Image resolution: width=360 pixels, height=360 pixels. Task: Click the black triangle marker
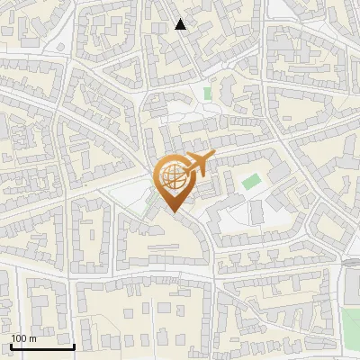[181, 24]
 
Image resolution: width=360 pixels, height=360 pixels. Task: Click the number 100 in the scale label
[19, 338]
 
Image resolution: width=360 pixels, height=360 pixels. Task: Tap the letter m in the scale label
[32, 338]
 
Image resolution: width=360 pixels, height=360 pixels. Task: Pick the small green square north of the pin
[208, 93]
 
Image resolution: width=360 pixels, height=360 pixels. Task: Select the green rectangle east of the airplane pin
[251, 181]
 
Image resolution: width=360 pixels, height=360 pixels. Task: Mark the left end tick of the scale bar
[11, 345]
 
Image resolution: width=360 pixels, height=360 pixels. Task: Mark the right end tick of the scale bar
[74, 345]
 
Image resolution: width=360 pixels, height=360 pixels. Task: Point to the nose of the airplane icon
[212, 156]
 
